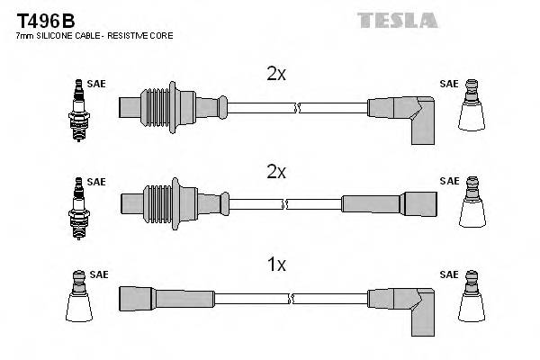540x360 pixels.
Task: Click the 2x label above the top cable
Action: click(276, 75)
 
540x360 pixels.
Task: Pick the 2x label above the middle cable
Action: click(276, 171)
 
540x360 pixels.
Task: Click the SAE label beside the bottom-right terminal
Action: click(448, 274)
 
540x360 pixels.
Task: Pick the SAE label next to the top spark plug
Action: click(97, 84)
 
